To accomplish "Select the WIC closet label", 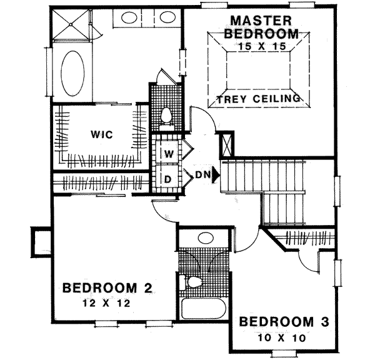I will tap(99, 134).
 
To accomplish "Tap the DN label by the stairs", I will tap(201, 175).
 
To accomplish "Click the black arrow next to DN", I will tap(216, 175).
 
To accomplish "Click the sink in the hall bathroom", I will tap(204, 237).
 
